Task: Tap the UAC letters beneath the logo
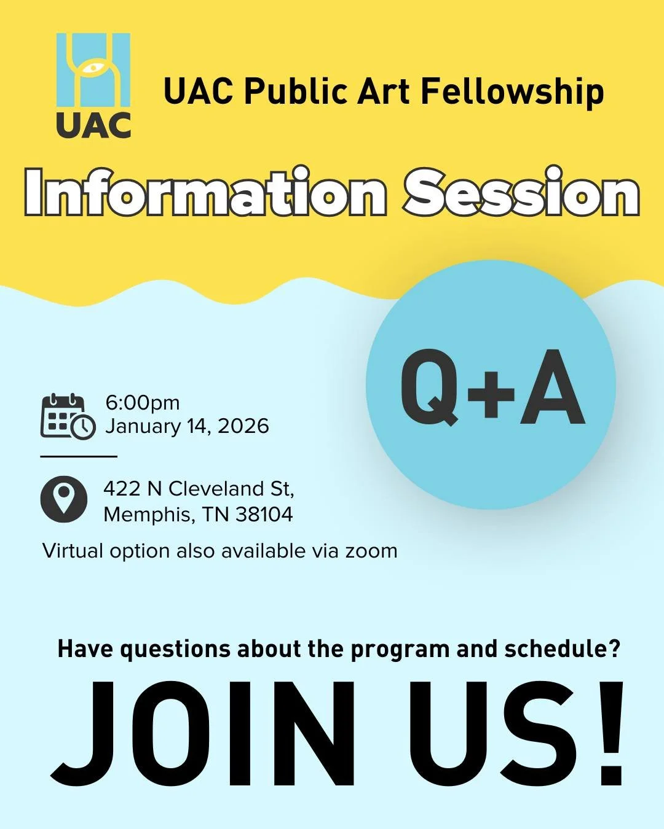point(93,125)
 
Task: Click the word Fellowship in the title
point(512,92)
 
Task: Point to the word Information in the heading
point(206,193)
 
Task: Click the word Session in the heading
point(521,193)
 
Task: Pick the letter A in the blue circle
point(553,388)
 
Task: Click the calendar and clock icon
point(68,416)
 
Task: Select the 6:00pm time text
point(143,403)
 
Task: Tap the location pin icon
point(64,499)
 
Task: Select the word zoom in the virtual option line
point(371,551)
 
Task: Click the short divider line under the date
point(79,457)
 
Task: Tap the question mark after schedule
point(614,649)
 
